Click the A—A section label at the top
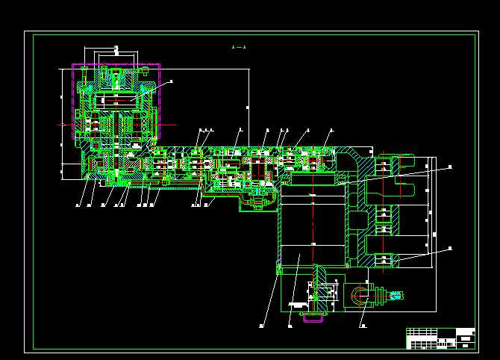(x=239, y=47)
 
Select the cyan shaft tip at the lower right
(x=396, y=296)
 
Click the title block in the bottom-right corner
(x=440, y=338)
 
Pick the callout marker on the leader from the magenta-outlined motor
(x=171, y=81)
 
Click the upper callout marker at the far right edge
(x=450, y=167)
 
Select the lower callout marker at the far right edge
(x=450, y=247)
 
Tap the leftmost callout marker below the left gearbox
(x=78, y=204)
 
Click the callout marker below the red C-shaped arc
(x=362, y=326)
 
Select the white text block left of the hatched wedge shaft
(x=298, y=304)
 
